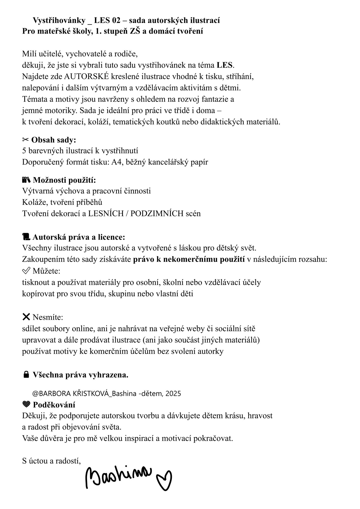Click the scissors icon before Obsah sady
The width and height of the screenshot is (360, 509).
[x=26, y=140]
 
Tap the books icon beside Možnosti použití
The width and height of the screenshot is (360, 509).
[x=26, y=180]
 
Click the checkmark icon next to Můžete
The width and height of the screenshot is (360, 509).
[x=26, y=271]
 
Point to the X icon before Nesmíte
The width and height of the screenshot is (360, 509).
[x=26, y=317]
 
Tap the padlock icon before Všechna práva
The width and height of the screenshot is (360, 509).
[x=26, y=375]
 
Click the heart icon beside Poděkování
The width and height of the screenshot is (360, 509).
[x=26, y=404]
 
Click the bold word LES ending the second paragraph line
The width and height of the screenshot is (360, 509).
[x=225, y=65]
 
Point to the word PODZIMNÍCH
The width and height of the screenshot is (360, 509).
[x=157, y=213]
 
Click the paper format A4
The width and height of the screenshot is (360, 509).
[x=116, y=162]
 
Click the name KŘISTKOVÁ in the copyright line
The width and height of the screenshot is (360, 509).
[x=91, y=393]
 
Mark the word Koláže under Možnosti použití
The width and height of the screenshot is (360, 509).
[x=34, y=202]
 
